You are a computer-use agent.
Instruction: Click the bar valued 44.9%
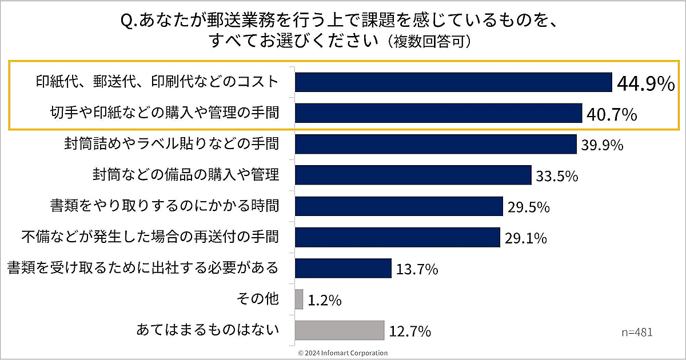click(x=453, y=82)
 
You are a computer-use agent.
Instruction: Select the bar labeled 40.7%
click(x=438, y=113)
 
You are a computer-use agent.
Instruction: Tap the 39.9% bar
click(x=436, y=144)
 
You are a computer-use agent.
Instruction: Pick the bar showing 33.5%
click(x=413, y=175)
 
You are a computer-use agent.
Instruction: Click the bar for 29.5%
click(x=399, y=206)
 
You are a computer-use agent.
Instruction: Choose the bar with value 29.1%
click(x=397, y=237)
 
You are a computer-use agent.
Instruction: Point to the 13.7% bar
click(x=343, y=267)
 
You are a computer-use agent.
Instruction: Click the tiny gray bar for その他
click(x=299, y=299)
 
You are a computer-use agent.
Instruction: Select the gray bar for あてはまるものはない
click(x=340, y=330)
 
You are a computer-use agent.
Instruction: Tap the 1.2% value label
click(x=324, y=299)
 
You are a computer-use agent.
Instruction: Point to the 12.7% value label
click(x=409, y=330)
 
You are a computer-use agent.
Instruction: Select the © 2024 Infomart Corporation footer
click(x=342, y=353)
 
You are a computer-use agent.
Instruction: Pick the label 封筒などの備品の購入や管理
click(x=186, y=174)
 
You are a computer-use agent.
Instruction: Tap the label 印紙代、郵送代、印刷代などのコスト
click(x=155, y=82)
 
